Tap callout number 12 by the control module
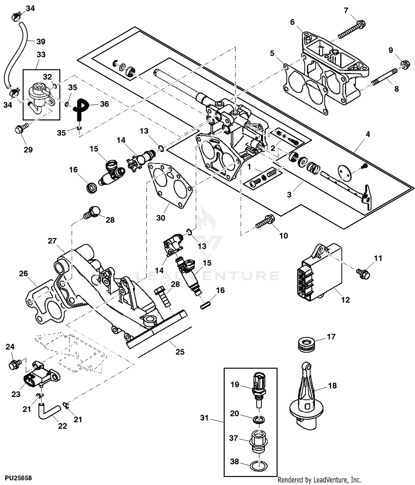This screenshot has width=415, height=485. (x=346, y=300)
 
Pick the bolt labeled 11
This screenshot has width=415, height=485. (x=363, y=273)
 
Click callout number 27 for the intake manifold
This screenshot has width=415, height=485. (x=52, y=241)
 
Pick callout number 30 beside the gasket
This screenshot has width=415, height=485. (x=161, y=218)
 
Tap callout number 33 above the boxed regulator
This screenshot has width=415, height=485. (x=41, y=54)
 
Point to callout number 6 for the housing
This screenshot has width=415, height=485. (x=292, y=22)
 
